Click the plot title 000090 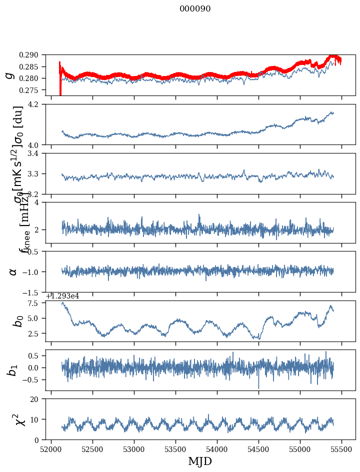coord(195,9)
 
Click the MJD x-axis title coord(200,461)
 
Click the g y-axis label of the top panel coord(8,75)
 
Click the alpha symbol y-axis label coord(12,271)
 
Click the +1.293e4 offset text coord(62,296)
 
